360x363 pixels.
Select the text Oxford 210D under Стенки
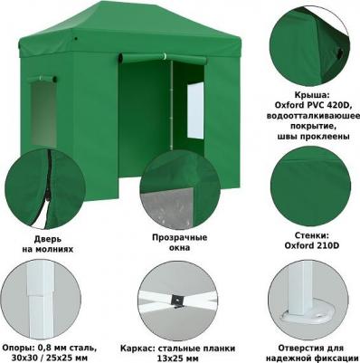[312, 245]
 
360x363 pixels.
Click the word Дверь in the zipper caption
[48, 240]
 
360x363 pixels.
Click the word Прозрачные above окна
[180, 237]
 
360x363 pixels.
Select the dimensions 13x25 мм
[178, 358]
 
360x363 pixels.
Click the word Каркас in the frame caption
[136, 349]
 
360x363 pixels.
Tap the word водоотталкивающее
[313, 116]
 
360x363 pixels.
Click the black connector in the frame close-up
[176, 300]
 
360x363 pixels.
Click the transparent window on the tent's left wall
[43, 114]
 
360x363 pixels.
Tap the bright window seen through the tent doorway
[195, 110]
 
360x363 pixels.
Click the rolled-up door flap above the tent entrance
[163, 58]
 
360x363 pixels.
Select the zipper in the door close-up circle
[48, 187]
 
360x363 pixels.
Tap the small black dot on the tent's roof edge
[76, 39]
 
